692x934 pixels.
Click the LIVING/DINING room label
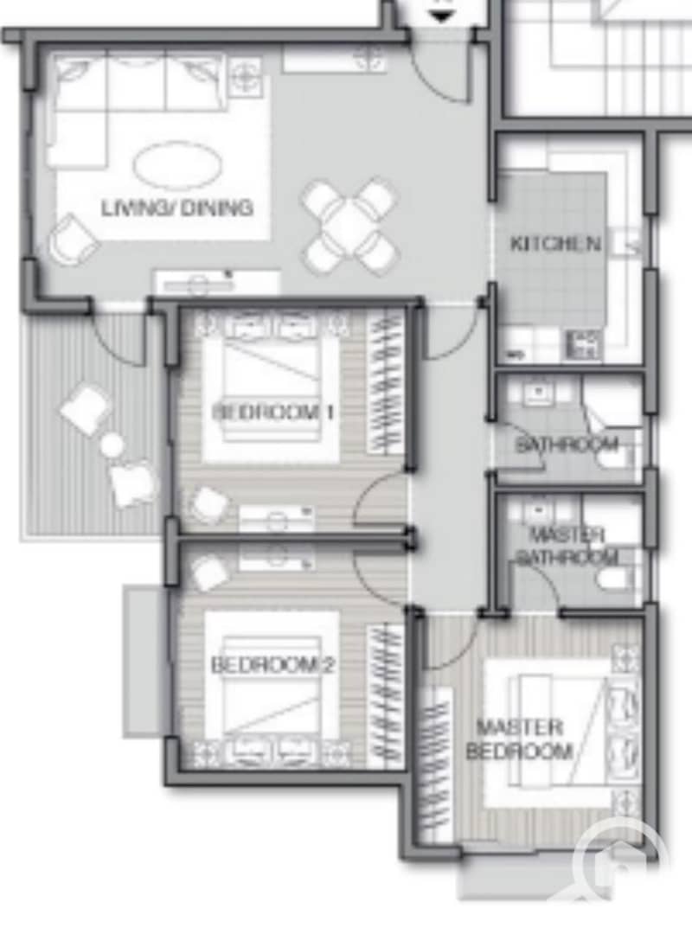(x=177, y=208)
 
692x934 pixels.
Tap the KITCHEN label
(x=555, y=244)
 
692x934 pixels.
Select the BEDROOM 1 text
(x=273, y=412)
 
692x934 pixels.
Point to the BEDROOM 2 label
(x=272, y=665)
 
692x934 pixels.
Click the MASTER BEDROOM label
(x=519, y=739)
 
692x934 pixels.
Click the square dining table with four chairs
(x=349, y=225)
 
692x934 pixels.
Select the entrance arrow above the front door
(x=441, y=16)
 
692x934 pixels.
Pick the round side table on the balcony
(x=112, y=445)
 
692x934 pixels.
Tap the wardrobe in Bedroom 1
(x=383, y=383)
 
